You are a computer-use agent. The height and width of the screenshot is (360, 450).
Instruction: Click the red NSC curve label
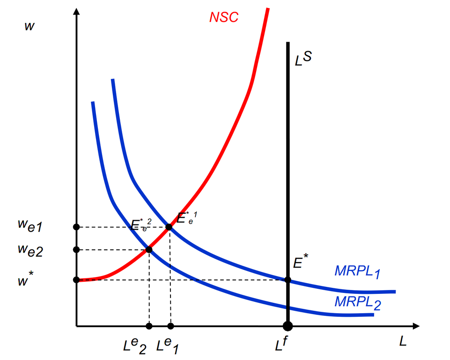[x=224, y=17]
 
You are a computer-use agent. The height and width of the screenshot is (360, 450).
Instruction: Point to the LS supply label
[x=303, y=60]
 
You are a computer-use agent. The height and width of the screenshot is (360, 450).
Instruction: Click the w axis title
[x=30, y=26]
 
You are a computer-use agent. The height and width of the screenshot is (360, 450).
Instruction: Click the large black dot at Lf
[x=288, y=326]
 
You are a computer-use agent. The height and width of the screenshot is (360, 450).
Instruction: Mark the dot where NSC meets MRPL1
[x=169, y=227]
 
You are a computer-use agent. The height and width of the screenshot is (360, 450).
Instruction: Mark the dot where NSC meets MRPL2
[x=149, y=249]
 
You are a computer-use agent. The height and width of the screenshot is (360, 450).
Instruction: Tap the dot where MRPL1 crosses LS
[x=288, y=280]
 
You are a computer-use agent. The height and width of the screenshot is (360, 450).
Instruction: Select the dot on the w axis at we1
[x=76, y=227]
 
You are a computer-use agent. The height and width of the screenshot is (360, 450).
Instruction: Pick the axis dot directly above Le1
[x=170, y=326]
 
